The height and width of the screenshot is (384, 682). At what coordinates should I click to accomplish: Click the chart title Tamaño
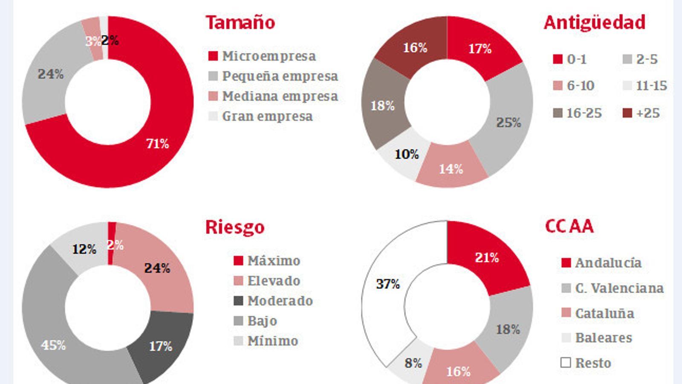pyautogui.click(x=240, y=23)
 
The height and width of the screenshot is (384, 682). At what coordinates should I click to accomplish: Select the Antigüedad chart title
pyautogui.click(x=595, y=23)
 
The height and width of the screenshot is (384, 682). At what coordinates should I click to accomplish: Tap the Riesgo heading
pyautogui.click(x=235, y=227)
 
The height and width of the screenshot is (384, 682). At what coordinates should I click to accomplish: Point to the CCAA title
pyautogui.click(x=569, y=226)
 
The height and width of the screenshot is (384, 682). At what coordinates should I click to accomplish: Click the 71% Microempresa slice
pyautogui.click(x=157, y=143)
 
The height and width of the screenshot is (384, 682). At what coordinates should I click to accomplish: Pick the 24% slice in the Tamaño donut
pyautogui.click(x=50, y=74)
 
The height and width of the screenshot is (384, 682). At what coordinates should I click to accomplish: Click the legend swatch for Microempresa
pyautogui.click(x=213, y=56)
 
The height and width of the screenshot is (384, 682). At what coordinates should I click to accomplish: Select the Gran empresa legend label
pyautogui.click(x=267, y=116)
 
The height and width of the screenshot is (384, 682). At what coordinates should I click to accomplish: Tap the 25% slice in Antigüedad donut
pyautogui.click(x=508, y=123)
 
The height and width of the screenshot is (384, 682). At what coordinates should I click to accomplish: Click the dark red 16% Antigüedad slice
pyautogui.click(x=415, y=47)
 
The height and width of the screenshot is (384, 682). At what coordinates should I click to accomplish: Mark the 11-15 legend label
pyautogui.click(x=651, y=86)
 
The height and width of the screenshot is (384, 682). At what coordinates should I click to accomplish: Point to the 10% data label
pyautogui.click(x=406, y=154)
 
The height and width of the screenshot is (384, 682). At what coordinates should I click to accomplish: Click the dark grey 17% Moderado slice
pyautogui.click(x=160, y=346)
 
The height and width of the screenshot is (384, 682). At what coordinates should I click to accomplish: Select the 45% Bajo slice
pyautogui.click(x=53, y=345)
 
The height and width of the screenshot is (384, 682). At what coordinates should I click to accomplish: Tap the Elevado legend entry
pyautogui.click(x=274, y=281)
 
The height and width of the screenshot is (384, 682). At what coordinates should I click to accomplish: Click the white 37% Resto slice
pyautogui.click(x=387, y=284)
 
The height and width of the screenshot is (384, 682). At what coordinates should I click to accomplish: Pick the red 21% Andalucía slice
pyautogui.click(x=486, y=258)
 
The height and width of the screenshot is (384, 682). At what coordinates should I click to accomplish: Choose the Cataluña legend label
pyautogui.click(x=604, y=314)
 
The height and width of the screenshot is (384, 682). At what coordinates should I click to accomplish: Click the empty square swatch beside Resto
pyautogui.click(x=566, y=363)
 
